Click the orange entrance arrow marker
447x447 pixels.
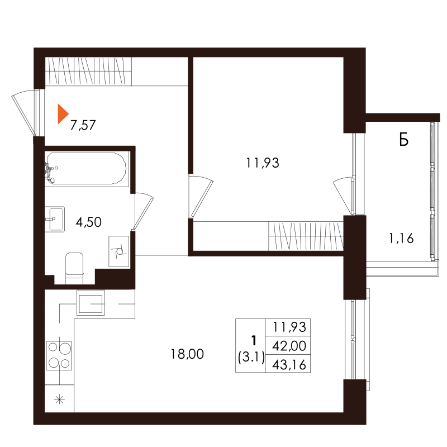coord(63,114)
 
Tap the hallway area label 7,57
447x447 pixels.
coord(83,125)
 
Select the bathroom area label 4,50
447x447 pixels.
coord(89,222)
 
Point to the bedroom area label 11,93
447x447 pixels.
coord(263,163)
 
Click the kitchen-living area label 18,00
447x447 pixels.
coord(187,354)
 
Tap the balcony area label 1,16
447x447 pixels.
coord(401,238)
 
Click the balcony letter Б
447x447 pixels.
coord(404,140)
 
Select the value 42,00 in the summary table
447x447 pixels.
coord(289,346)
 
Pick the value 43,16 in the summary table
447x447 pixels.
coord(289,365)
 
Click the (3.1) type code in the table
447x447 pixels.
coord(251,357)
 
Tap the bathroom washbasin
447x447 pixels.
coord(55,219)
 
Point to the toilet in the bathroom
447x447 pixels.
coord(74,268)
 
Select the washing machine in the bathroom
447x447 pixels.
coord(119,251)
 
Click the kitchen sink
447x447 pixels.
coord(91,303)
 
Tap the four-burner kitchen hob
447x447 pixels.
coord(59,355)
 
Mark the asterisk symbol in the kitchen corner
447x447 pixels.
coord(59,400)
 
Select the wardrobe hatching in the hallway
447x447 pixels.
coord(88,72)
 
